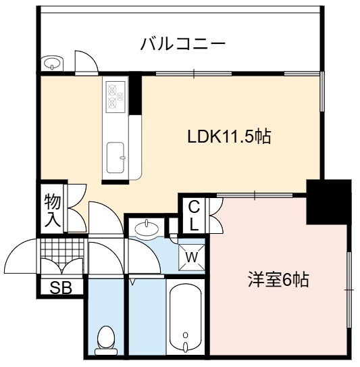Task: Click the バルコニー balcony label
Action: coord(183,44)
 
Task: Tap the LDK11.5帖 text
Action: coord(230,137)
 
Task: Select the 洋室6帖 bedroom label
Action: coord(278,280)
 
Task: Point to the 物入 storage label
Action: coord(53,210)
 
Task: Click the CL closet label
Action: coord(194,217)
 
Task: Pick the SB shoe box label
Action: coord(61,288)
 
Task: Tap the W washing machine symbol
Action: coord(192,258)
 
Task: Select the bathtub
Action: coord(186,318)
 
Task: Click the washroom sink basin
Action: coord(147,228)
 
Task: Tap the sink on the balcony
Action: coord(52,64)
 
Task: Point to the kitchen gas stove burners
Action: coord(115,97)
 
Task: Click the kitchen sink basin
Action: coord(115,157)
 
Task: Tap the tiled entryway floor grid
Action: coord(62,254)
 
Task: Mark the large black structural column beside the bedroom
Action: coord(329,202)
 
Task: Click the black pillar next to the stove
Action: coord(135,94)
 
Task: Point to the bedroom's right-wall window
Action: coord(349,290)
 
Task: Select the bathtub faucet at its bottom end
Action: coord(186,346)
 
